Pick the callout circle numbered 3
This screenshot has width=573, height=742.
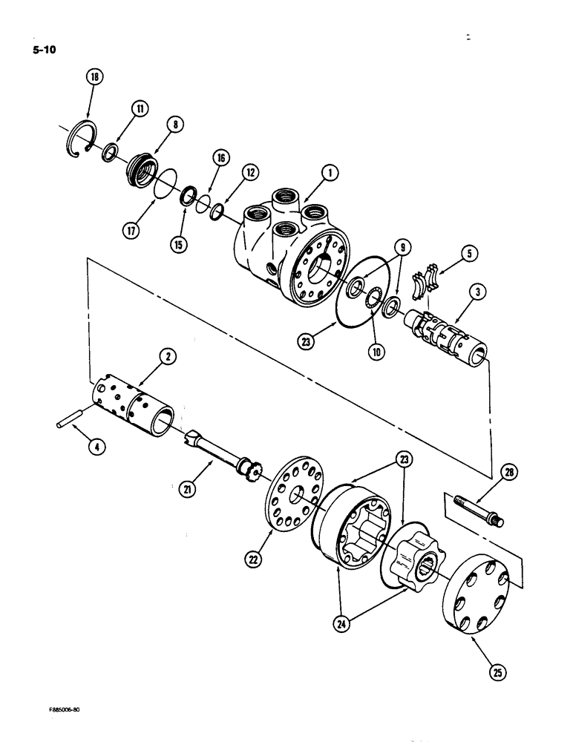(478, 292)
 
